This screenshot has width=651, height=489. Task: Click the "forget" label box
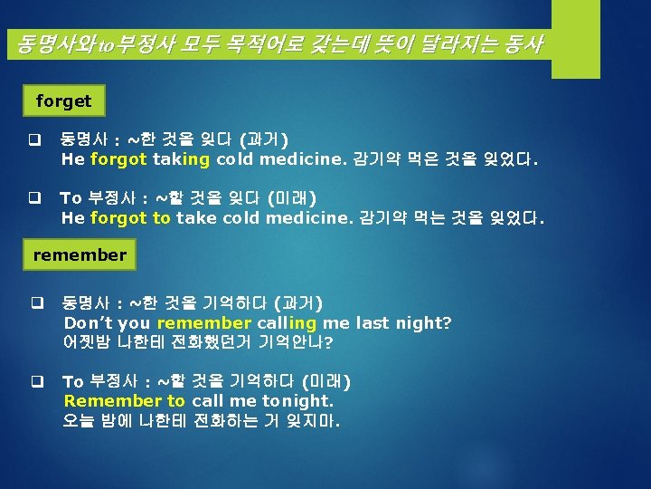coord(64,101)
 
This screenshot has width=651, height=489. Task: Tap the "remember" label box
coord(80,254)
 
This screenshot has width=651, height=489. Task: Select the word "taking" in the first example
coord(182,159)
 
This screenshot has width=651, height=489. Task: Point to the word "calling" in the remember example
coord(287,322)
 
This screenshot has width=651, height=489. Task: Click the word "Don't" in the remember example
coord(87,322)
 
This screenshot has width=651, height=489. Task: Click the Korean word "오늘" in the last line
coord(79,420)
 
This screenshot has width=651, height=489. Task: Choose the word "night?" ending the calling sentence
coord(425,322)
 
